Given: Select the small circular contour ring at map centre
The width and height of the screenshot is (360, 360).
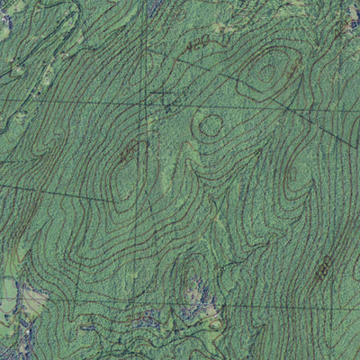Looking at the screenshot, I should click(x=211, y=125).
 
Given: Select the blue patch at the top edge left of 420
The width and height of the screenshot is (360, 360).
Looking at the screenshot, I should click(x=153, y=5).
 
